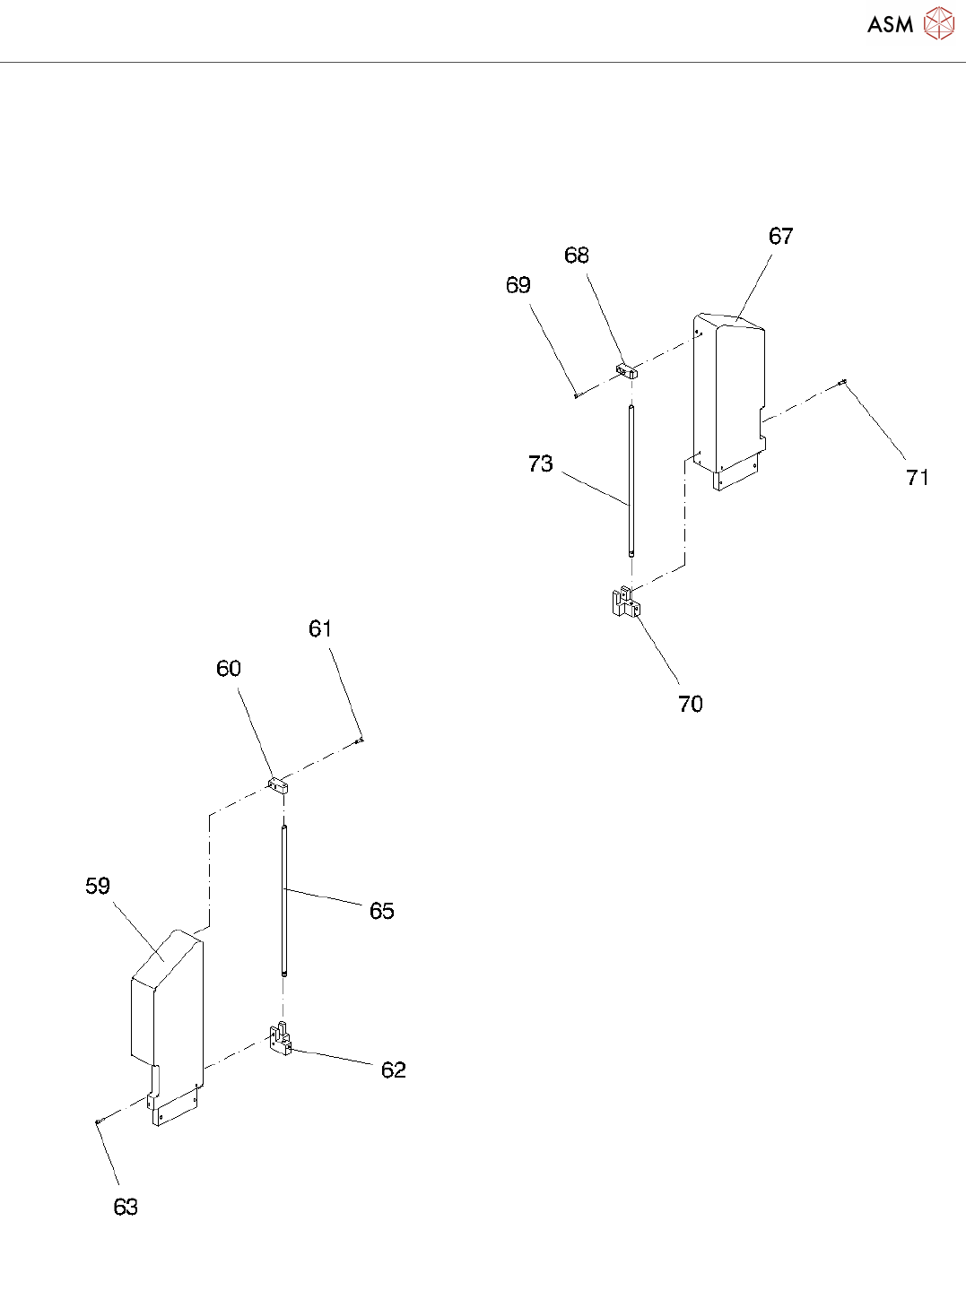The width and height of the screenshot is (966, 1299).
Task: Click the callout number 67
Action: (x=780, y=236)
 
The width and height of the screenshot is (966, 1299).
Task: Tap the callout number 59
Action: (x=98, y=887)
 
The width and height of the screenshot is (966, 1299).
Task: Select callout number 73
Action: (x=540, y=463)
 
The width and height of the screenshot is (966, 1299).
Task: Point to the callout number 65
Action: (x=382, y=911)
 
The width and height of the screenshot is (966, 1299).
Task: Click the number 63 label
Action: (x=126, y=1208)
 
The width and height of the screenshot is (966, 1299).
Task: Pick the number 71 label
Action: (x=918, y=478)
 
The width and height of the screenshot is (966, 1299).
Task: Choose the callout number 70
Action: (x=691, y=705)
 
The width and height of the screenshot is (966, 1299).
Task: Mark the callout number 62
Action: (x=393, y=1070)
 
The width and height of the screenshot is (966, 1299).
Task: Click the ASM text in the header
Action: (x=890, y=25)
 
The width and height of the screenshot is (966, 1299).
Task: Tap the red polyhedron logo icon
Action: (x=939, y=24)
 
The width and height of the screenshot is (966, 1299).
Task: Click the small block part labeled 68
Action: (x=625, y=370)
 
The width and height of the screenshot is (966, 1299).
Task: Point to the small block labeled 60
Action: (x=279, y=787)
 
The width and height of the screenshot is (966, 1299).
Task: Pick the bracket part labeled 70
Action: (x=625, y=602)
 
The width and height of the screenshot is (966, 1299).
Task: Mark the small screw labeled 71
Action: (x=842, y=384)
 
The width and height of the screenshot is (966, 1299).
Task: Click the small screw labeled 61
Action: (x=360, y=740)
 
